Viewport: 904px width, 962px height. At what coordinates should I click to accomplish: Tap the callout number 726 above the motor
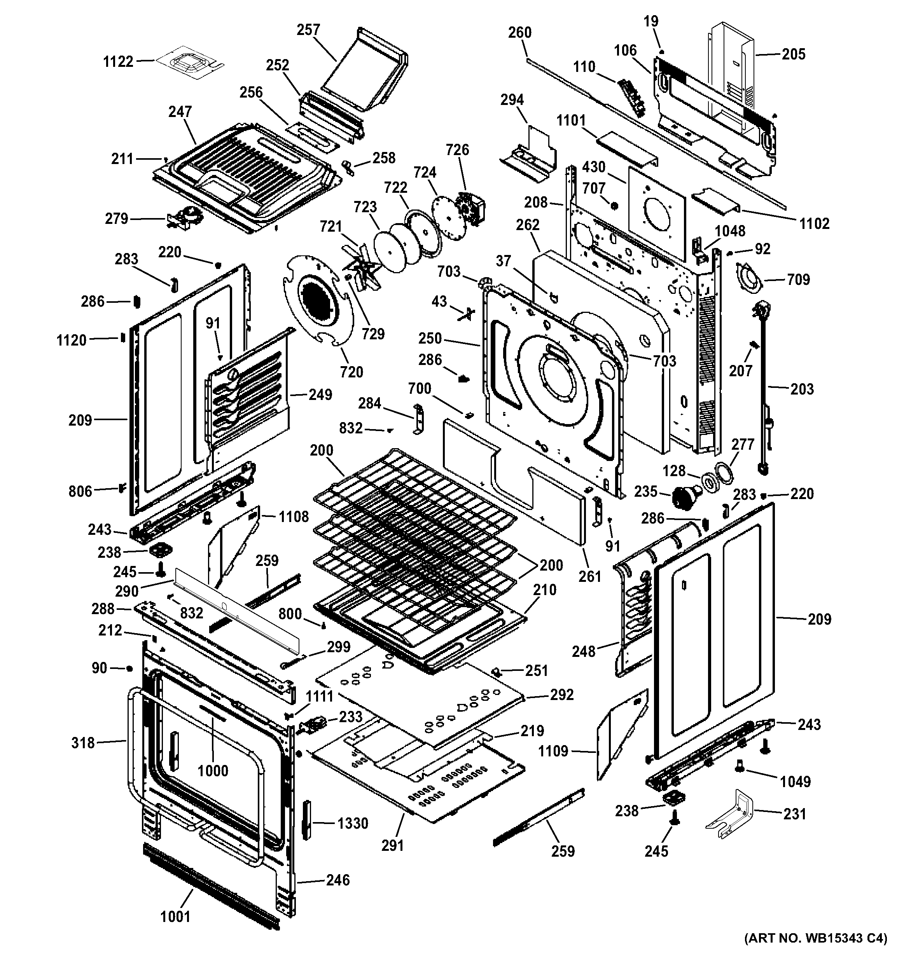pyautogui.click(x=457, y=150)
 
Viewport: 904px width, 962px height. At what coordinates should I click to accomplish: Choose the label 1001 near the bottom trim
pyautogui.click(x=175, y=916)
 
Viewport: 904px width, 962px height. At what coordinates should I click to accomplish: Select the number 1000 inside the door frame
pyautogui.click(x=213, y=770)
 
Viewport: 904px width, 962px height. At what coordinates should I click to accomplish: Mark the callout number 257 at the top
pyautogui.click(x=308, y=30)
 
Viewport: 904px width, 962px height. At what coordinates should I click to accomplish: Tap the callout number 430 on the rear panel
pyautogui.click(x=593, y=167)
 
